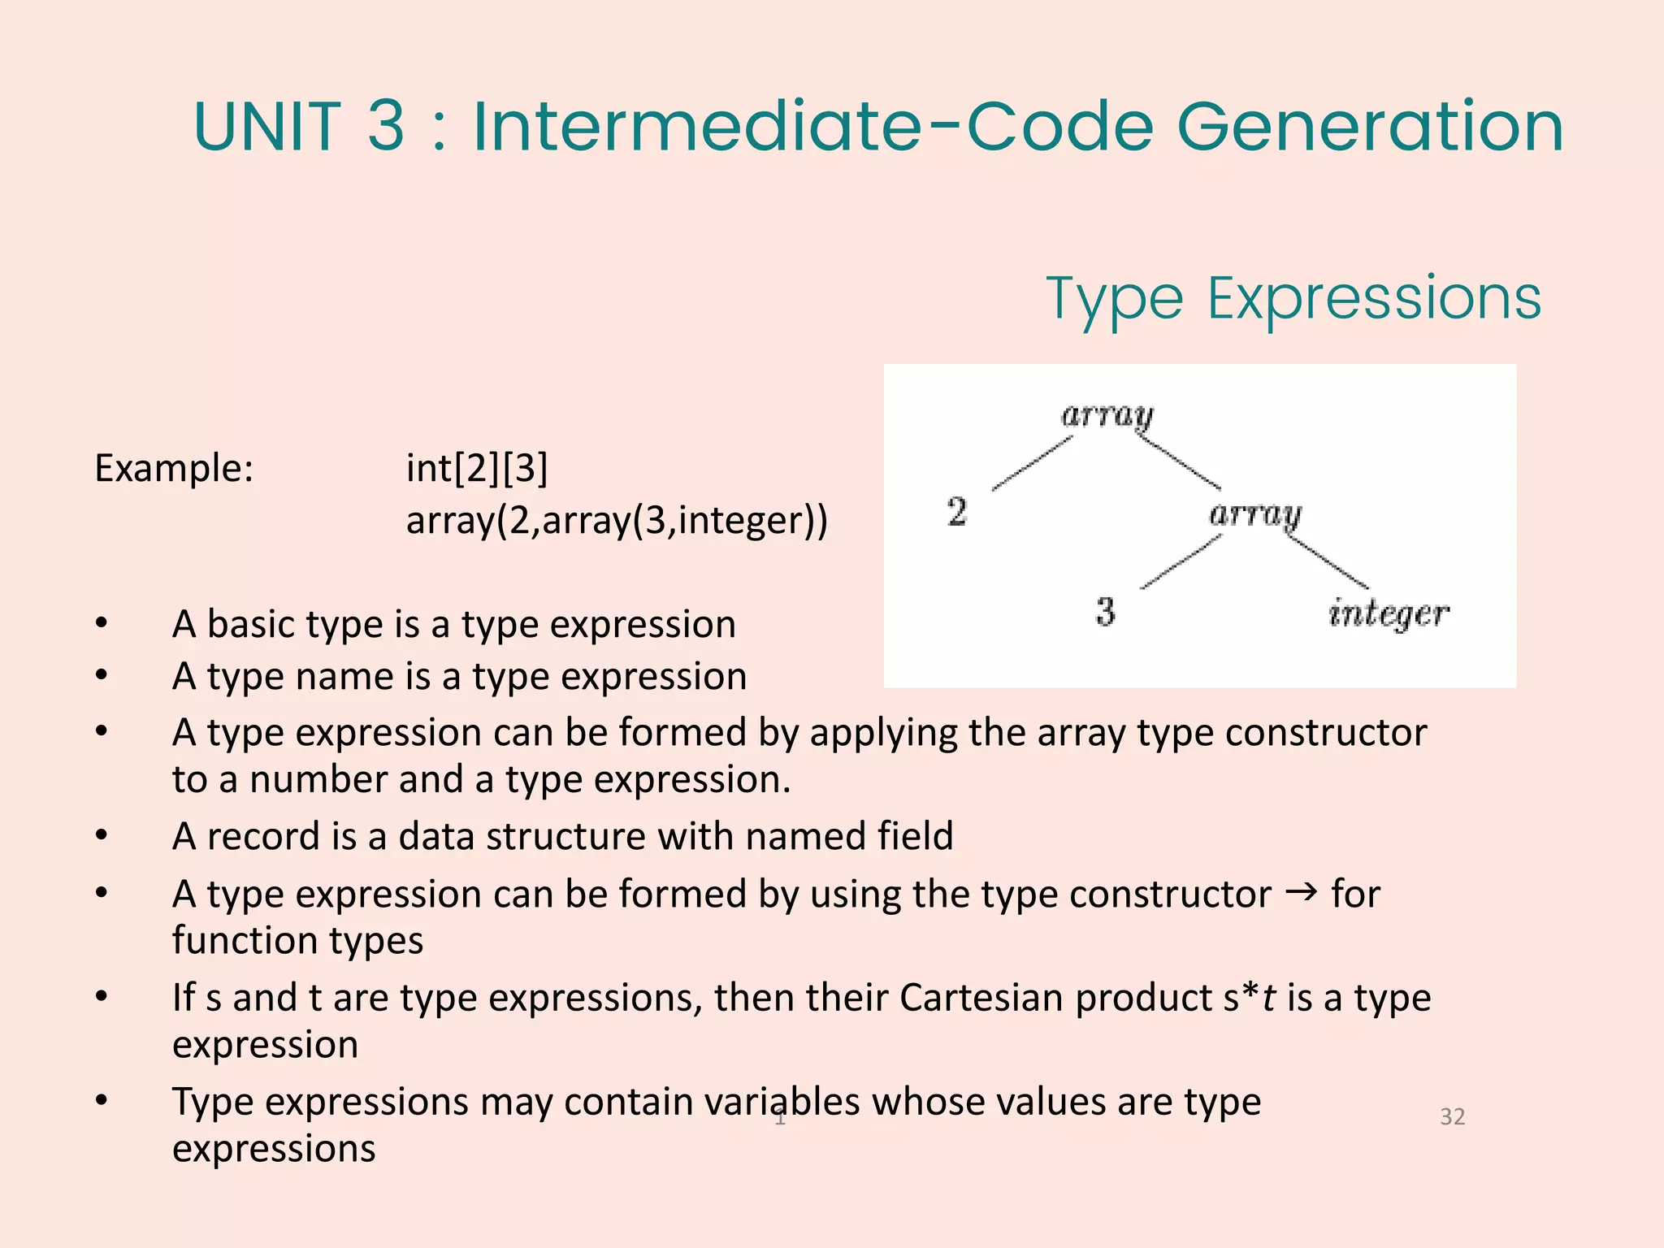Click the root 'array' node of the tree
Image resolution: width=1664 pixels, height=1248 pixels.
point(1107,416)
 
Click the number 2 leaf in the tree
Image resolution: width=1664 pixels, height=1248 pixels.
point(957,512)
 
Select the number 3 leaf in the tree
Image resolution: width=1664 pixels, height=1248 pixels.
point(1105,612)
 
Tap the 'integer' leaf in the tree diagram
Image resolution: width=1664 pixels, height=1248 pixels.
point(1389,614)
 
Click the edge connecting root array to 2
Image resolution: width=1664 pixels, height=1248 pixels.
point(1032,464)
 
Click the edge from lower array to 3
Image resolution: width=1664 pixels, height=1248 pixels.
point(1181,562)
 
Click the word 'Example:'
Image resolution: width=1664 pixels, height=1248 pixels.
point(174,469)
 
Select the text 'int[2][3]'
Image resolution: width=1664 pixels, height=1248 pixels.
point(477,469)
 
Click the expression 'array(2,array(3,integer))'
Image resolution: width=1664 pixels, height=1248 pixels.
point(617,521)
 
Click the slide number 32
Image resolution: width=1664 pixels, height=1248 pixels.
point(1452,1116)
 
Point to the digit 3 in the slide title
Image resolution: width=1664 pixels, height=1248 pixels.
point(386,127)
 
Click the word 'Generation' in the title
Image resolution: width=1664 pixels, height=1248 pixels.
point(1370,127)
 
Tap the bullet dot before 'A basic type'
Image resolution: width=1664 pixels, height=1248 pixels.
point(102,624)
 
